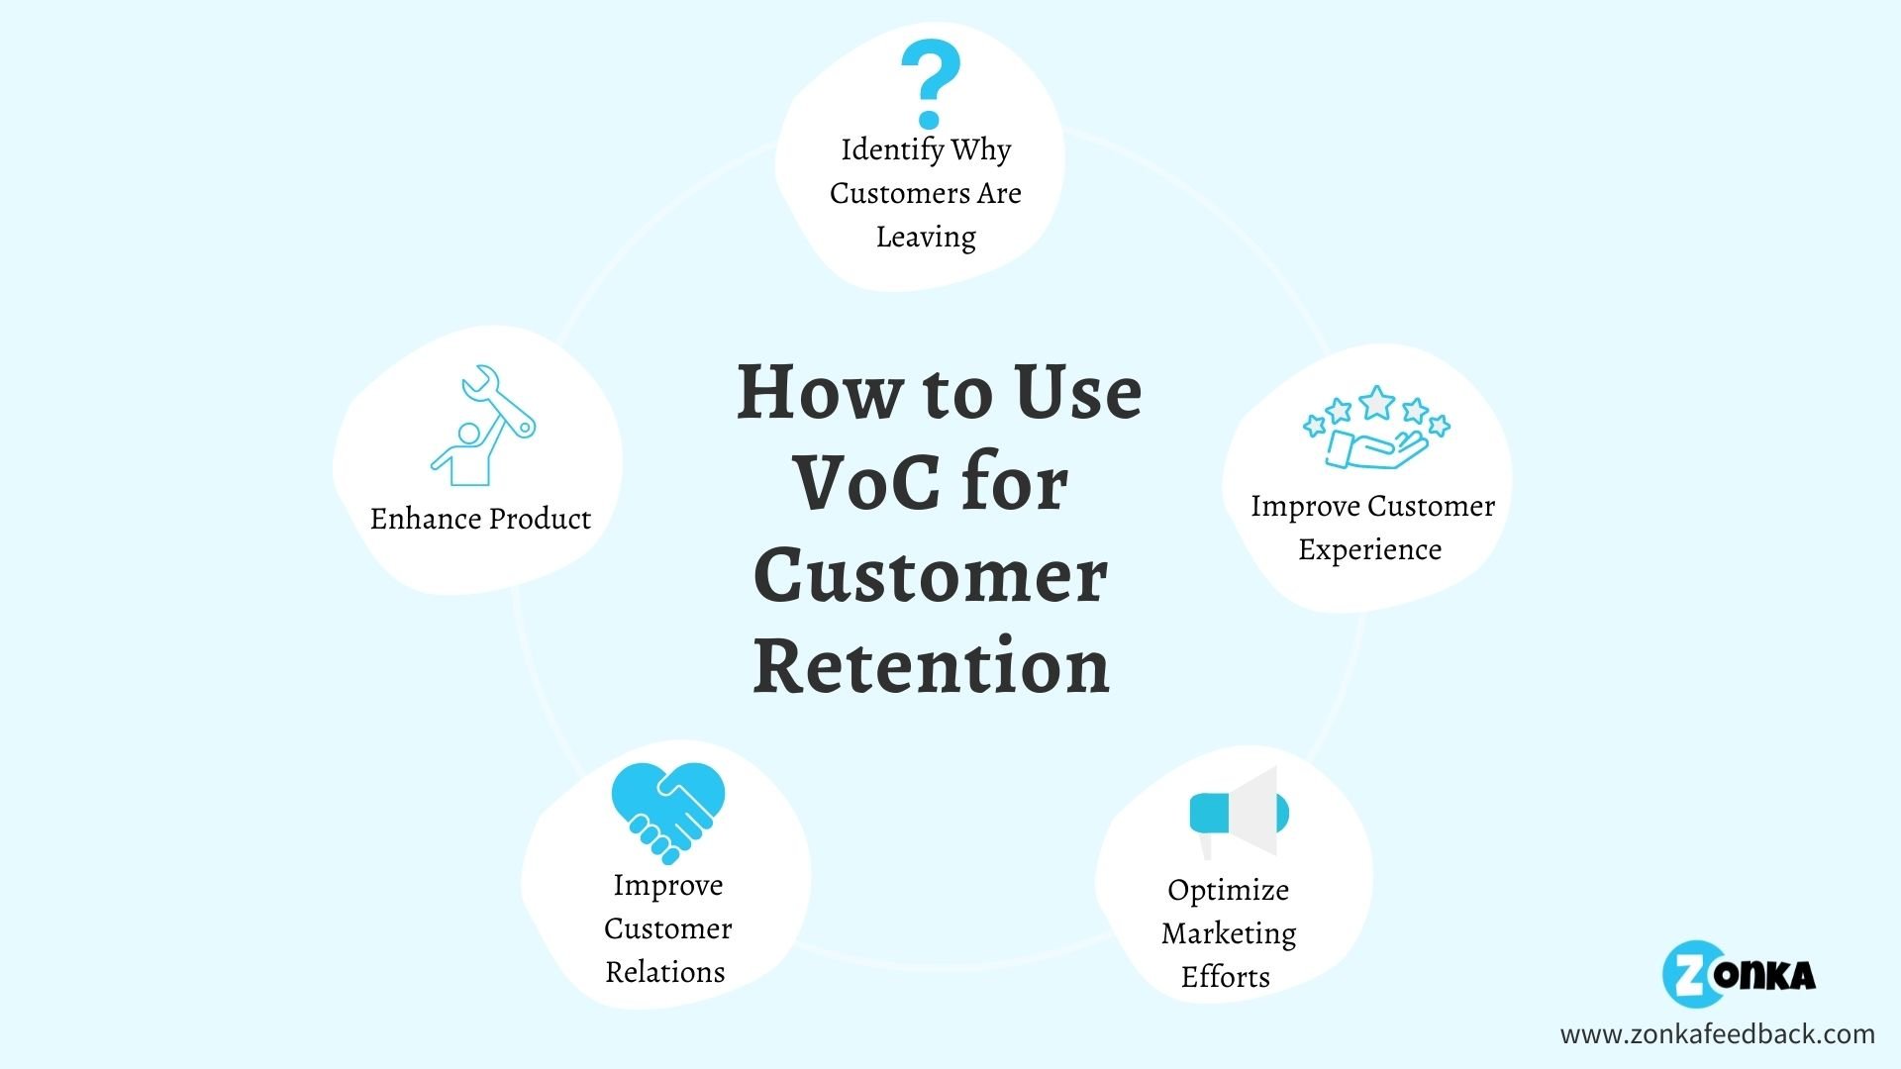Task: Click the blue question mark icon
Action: [931, 84]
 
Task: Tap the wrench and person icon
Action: [483, 426]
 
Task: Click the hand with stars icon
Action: [1376, 428]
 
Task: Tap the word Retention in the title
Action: [931, 666]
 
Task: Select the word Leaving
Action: [926, 238]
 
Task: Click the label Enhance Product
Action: [480, 519]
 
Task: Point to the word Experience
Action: [1369, 550]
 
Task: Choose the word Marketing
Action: [1229, 934]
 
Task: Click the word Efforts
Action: [1226, 977]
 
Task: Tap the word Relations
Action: [665, 972]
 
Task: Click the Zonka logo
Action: [1739, 974]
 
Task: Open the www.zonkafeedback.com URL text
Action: [1718, 1034]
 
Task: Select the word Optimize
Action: [1228, 891]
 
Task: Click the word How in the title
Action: [821, 393]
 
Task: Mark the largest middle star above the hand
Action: [1376, 403]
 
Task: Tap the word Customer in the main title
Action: [931, 576]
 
